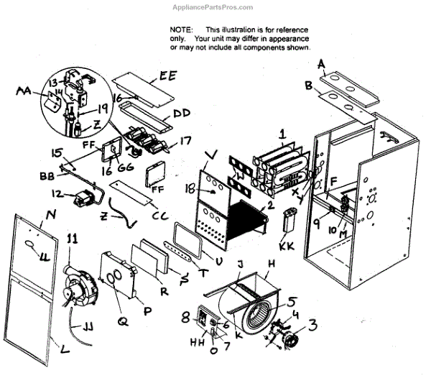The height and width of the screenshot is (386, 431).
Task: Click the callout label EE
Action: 169,76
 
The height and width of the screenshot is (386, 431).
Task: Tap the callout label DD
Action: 180,113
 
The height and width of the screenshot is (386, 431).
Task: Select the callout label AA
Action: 24,91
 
